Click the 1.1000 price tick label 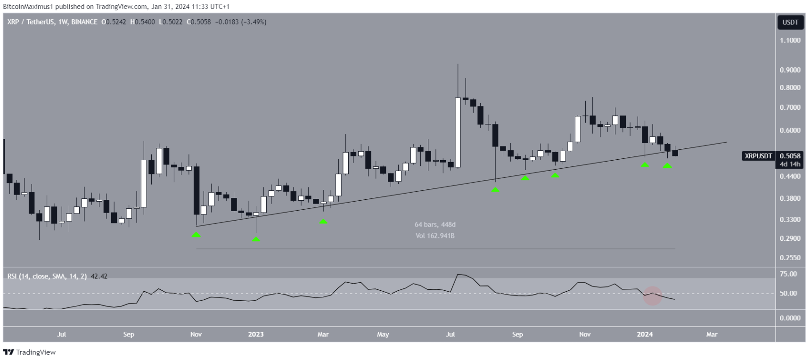(790, 41)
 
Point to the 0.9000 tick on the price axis (790, 70)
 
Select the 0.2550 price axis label (790, 258)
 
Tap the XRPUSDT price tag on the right (758, 156)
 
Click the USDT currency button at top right (790, 22)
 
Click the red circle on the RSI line (653, 295)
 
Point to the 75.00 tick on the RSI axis (788, 274)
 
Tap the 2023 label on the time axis (256, 335)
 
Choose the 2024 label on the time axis (645, 335)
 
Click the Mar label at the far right (712, 335)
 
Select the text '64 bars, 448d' (435, 225)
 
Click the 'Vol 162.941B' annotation (435, 236)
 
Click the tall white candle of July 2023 (458, 132)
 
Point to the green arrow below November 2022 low (196, 234)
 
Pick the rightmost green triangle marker (667, 166)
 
